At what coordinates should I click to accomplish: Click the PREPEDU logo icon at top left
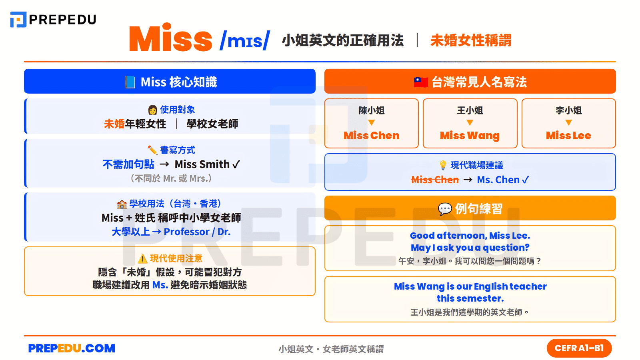[18, 20]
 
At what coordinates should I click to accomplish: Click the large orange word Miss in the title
[171, 39]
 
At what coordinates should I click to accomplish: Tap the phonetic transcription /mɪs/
[245, 40]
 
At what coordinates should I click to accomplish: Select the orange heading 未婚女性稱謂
[471, 40]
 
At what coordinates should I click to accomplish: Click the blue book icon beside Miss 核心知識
[130, 82]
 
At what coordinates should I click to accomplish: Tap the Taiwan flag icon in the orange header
[421, 82]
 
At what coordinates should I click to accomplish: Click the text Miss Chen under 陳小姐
[371, 136]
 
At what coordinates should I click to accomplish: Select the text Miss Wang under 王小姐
[470, 136]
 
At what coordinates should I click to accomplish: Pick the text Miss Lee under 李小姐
[568, 136]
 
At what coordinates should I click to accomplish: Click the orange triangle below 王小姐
[470, 122]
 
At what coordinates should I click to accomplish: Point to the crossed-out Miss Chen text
[435, 180]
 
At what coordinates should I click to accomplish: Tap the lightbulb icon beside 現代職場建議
[443, 165]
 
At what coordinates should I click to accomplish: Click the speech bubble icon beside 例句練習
[445, 208]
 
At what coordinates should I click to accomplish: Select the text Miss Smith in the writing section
[202, 164]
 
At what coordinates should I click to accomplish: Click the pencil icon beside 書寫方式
[152, 150]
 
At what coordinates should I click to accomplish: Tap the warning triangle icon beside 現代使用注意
[143, 259]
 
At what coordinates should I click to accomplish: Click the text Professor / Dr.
[197, 232]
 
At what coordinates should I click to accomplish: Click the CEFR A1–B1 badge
[579, 348]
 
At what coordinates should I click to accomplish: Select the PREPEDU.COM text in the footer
[72, 348]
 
